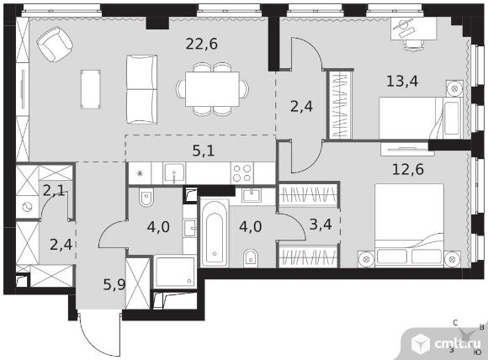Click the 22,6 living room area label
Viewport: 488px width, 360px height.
tap(201, 44)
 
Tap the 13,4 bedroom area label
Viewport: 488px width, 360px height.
tap(402, 82)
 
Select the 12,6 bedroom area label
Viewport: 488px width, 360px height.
tap(408, 170)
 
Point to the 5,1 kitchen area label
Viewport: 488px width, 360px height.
tap(204, 151)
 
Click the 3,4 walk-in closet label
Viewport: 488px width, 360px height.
tap(321, 225)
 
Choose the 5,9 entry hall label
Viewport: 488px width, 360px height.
tap(114, 284)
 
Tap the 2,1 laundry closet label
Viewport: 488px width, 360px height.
tap(54, 190)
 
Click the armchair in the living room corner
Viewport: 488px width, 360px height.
tap(55, 44)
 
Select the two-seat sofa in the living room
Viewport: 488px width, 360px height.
tap(141, 90)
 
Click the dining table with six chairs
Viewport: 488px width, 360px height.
tap(212, 89)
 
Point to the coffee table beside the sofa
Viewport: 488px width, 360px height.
tap(91, 89)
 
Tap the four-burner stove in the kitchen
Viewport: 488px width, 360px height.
tap(241, 173)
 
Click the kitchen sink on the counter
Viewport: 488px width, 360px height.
tap(174, 173)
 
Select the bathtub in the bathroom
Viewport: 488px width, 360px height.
tap(215, 234)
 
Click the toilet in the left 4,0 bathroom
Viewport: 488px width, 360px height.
tap(146, 198)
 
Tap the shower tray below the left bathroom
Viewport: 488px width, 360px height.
tap(175, 273)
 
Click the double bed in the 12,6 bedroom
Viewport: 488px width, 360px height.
tap(409, 225)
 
